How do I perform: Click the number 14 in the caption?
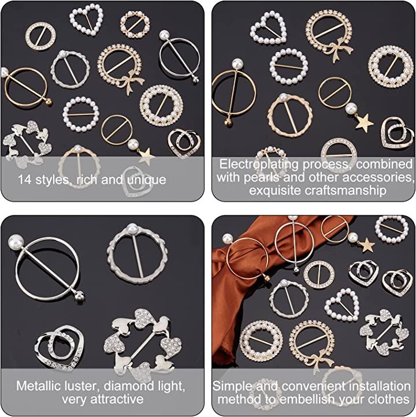pyautogui.click(x=25, y=180)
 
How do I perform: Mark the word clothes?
pyautogui.click(x=388, y=399)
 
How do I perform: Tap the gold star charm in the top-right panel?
pyautogui.click(x=365, y=122)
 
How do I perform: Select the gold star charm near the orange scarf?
pyautogui.click(x=367, y=245)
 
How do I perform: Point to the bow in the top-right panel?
pyautogui.click(x=340, y=49)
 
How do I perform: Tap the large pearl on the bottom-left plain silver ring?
pyautogui.click(x=16, y=242)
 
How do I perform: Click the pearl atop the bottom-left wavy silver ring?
pyautogui.click(x=132, y=229)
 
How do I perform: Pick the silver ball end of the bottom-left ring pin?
pyautogui.click(x=79, y=296)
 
